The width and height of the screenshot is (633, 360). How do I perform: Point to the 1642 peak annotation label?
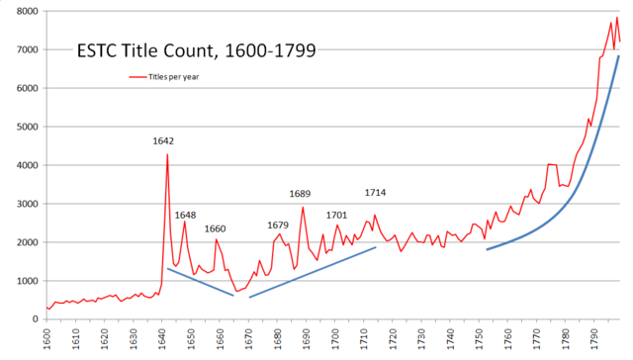coord(164,140)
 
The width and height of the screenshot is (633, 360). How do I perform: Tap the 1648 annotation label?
coord(186,215)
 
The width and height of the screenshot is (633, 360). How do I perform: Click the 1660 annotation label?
coord(215,228)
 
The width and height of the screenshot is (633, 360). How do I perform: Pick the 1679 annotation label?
coord(278,225)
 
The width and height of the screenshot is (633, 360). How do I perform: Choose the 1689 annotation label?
coord(301,194)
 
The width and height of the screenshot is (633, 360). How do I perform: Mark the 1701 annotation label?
coord(336,215)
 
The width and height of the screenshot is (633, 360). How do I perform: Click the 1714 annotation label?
coord(376,192)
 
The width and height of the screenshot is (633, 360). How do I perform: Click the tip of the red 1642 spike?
coord(167,153)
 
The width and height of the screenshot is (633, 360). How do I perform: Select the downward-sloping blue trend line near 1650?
coord(200,282)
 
